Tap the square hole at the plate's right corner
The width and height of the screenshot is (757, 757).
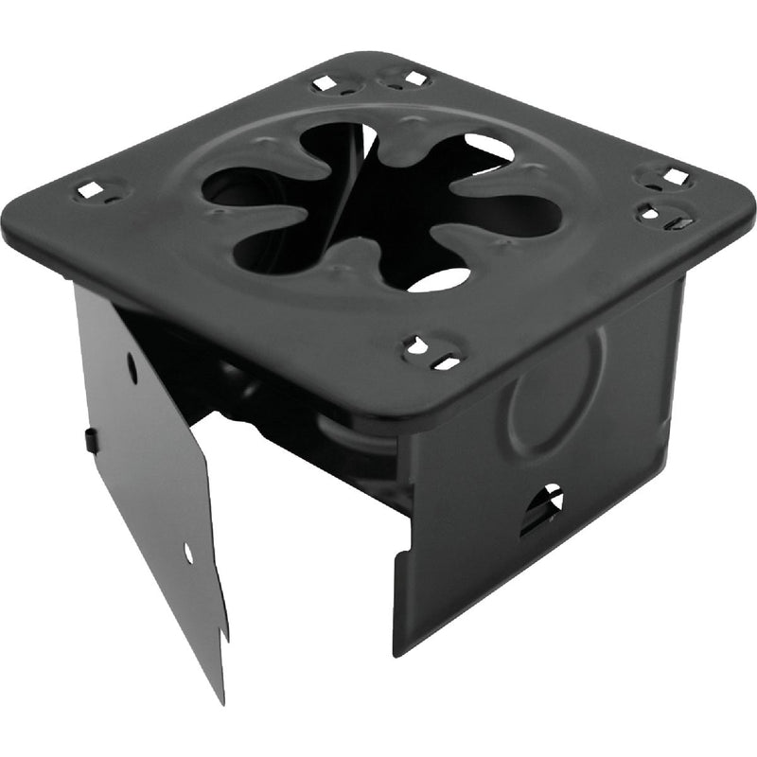(x=675, y=176)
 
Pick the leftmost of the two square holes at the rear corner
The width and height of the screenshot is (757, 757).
(x=325, y=83)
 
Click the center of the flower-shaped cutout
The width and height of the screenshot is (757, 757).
(x=378, y=203)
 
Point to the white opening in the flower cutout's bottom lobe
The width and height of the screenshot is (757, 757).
(x=439, y=278)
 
